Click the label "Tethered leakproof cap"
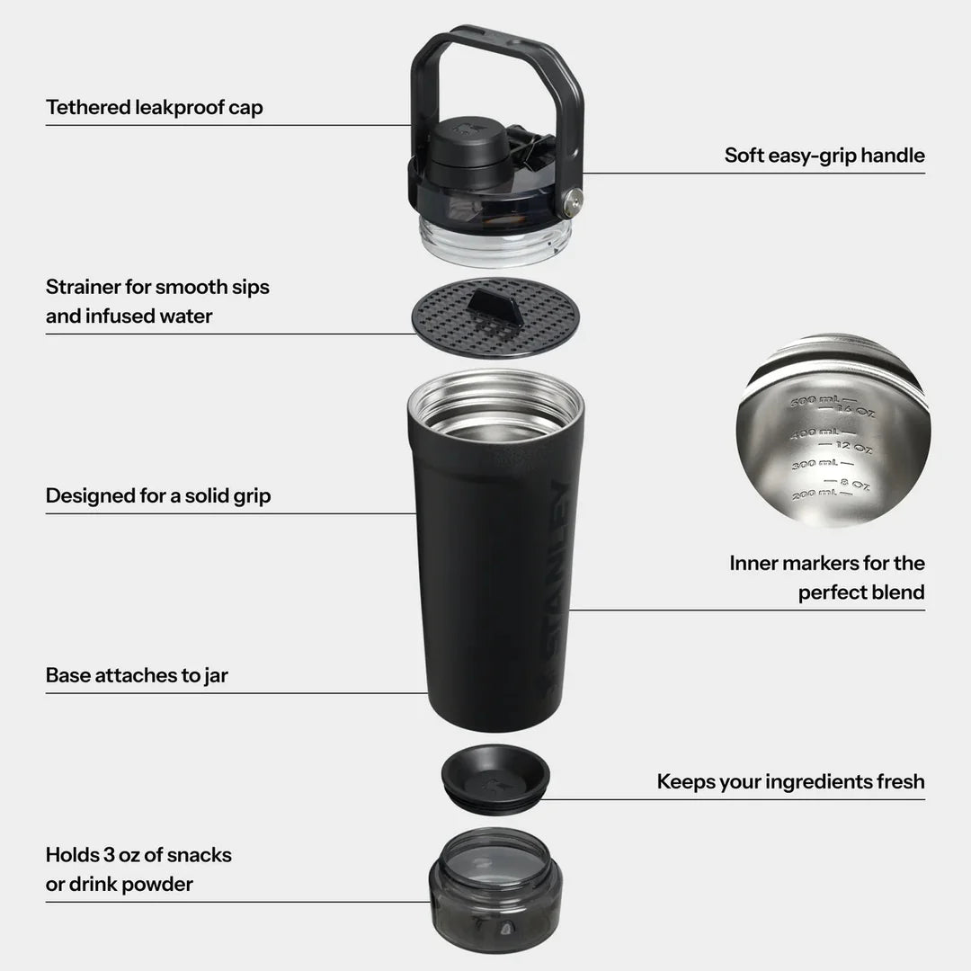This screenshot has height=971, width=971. point(154,108)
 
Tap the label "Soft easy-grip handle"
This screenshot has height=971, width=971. point(824,156)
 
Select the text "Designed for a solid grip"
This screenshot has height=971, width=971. point(157,495)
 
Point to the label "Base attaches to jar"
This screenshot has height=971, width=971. point(137,675)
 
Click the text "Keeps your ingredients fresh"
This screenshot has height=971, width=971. point(789,781)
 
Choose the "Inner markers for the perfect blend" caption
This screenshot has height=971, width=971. point(826,577)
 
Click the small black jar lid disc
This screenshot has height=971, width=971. point(494,775)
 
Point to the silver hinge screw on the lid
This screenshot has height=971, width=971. point(570,203)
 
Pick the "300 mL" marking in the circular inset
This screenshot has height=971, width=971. point(812,464)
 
